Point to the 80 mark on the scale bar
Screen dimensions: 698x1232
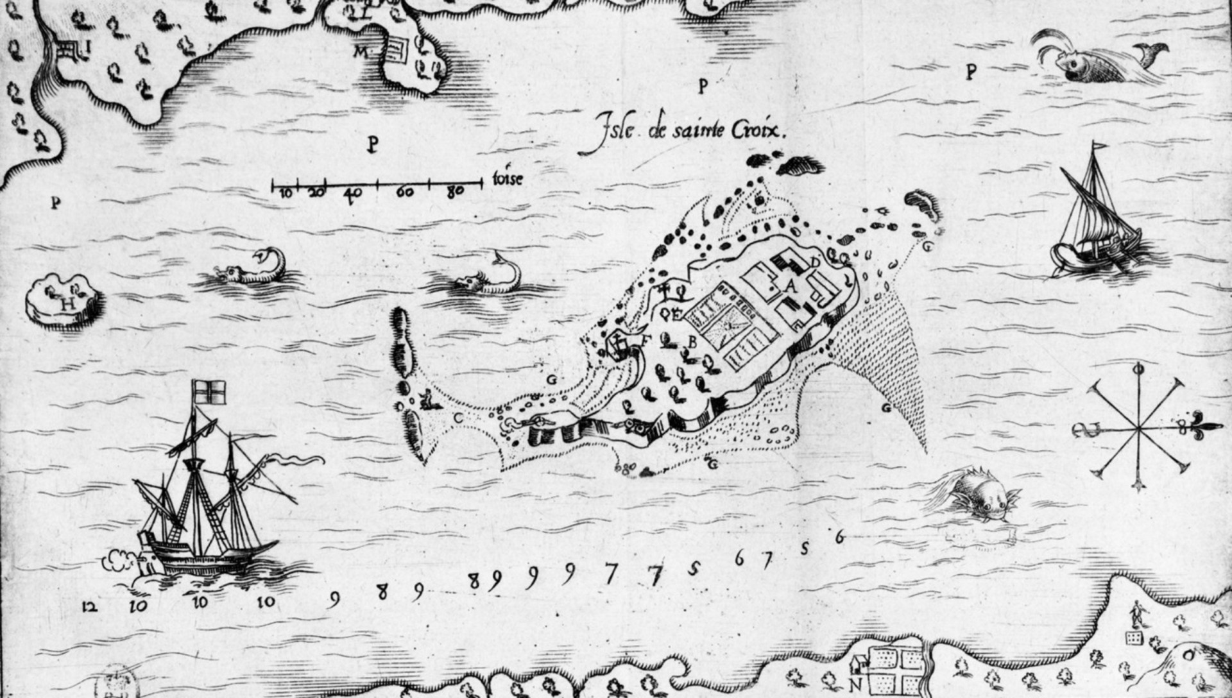click(x=455, y=191)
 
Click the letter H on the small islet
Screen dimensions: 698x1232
click(x=66, y=304)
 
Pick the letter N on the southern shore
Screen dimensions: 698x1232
click(x=856, y=683)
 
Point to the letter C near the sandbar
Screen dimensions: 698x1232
click(x=458, y=418)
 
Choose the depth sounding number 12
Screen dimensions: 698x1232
click(x=90, y=606)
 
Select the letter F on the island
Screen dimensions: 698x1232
click(x=644, y=340)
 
